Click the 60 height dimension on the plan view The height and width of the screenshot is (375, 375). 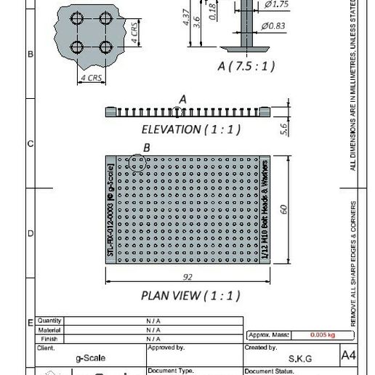pos(283,209)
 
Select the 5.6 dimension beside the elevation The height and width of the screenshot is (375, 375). pos(284,128)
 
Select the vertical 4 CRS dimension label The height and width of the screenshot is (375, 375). pos(134,32)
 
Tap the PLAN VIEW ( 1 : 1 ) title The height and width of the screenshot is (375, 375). pos(190,296)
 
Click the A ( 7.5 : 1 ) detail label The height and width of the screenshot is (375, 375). pos(246,66)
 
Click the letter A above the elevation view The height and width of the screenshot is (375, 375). pos(182,98)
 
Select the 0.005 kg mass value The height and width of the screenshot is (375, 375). pos(322,335)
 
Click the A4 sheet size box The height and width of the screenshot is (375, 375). pos(349,356)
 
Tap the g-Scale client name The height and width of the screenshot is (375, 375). pos(90,358)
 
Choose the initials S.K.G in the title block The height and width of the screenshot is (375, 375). pos(300,358)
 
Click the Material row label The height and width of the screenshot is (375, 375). pos(49,329)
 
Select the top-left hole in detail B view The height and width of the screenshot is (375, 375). pos(78,17)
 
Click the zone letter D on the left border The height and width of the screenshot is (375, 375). pos(30,234)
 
